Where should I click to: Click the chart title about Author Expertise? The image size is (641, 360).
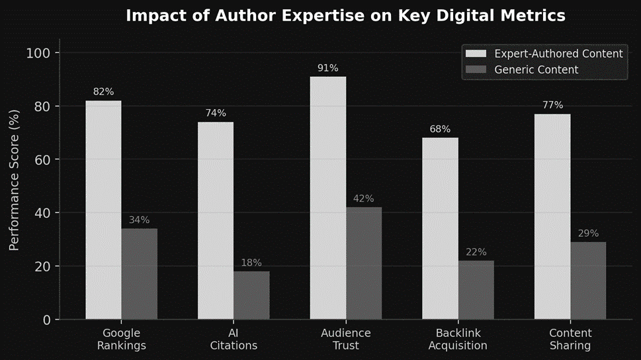point(345,16)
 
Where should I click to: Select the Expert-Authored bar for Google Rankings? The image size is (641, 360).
point(103,210)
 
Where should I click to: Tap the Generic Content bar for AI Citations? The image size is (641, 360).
point(251,295)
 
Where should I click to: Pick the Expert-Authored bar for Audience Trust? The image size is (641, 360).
point(327,198)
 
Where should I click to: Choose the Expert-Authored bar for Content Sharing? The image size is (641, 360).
point(552,216)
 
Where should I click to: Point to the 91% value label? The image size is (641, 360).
point(327,68)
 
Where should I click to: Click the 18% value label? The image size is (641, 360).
point(251,263)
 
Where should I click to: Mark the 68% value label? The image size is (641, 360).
point(440,129)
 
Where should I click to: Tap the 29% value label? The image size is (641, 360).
point(588,234)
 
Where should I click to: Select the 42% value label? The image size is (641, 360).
point(364,199)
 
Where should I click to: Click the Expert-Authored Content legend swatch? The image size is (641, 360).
point(476,54)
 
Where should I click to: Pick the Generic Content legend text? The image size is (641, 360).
point(536,69)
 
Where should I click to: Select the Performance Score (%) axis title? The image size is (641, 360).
point(14,186)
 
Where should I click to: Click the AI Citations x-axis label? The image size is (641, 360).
point(234,339)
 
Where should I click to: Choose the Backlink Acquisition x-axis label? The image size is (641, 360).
point(458,339)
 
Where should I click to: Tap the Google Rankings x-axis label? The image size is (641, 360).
point(121,339)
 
